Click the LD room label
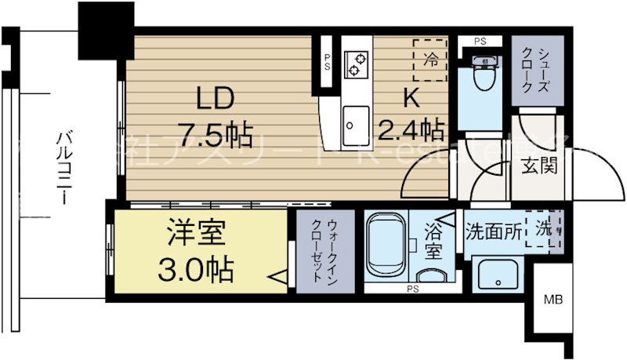coord(214,100)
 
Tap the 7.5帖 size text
coord(214,136)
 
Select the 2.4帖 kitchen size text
coord(413,128)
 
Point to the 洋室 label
coord(198,233)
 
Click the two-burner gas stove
coord(357,63)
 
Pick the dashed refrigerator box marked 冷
coord(430,60)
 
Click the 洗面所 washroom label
coord(495,231)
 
